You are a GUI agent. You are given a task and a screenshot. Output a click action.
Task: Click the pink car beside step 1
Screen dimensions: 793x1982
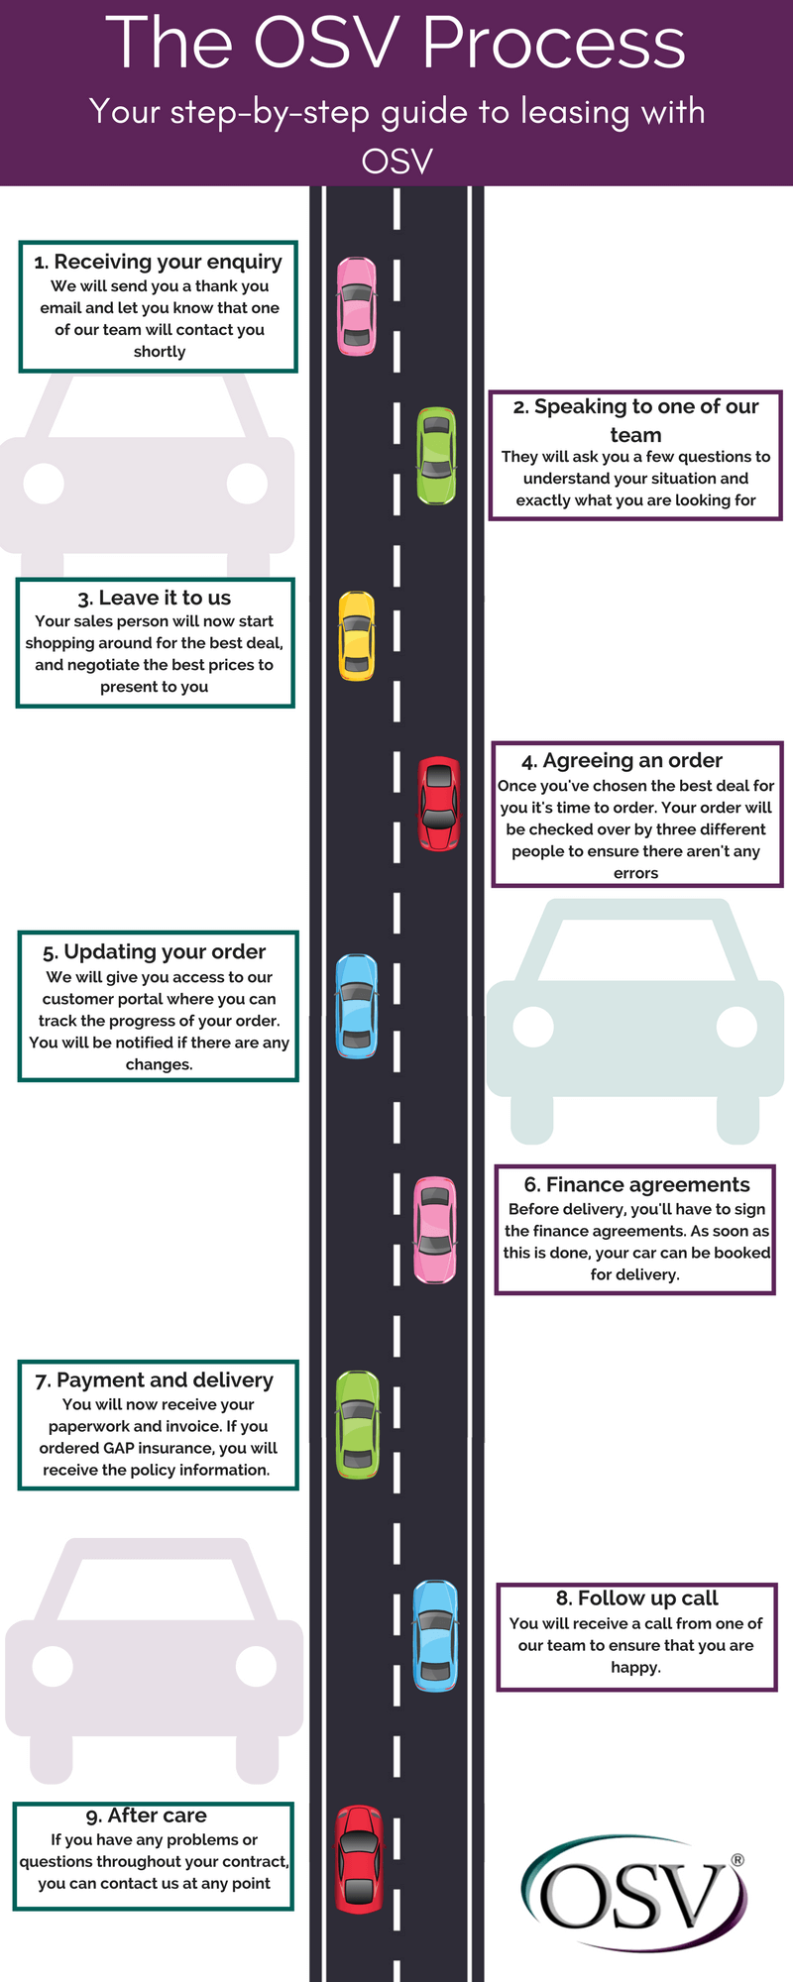click(x=357, y=306)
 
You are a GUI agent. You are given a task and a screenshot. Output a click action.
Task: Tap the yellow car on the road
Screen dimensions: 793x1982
click(x=357, y=636)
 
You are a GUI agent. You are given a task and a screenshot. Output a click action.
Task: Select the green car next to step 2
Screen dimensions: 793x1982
click(x=436, y=456)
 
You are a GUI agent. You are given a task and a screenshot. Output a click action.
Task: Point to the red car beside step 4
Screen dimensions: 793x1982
click(x=438, y=804)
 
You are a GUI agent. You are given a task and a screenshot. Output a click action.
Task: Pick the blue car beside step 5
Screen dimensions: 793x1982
click(x=357, y=1006)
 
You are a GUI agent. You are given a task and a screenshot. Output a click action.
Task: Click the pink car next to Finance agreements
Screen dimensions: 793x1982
click(x=434, y=1230)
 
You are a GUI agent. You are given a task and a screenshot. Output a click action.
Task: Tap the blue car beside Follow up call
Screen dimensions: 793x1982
click(x=435, y=1635)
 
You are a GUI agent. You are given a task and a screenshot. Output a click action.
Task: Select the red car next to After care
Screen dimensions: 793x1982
click(x=359, y=1859)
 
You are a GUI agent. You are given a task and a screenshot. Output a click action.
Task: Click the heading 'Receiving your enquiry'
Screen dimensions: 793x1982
click(x=159, y=262)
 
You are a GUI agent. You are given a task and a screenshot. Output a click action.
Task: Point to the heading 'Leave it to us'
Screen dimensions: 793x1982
click(x=155, y=598)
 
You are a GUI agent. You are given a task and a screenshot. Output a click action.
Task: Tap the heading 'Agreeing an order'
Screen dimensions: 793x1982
click(x=623, y=760)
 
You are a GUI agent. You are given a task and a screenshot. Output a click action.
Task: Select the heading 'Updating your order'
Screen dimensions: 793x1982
click(x=155, y=951)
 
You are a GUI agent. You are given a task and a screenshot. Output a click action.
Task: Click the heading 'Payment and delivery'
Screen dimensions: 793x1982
click(x=155, y=1379)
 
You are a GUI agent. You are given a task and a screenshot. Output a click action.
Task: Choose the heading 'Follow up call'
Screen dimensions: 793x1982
click(x=637, y=1597)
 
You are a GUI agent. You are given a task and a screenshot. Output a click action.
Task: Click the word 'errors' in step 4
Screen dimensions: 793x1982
click(x=636, y=873)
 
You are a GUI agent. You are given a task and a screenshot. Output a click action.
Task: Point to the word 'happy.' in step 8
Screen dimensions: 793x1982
click(x=636, y=1668)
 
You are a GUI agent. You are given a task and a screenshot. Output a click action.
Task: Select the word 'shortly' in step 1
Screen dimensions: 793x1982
click(x=160, y=352)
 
